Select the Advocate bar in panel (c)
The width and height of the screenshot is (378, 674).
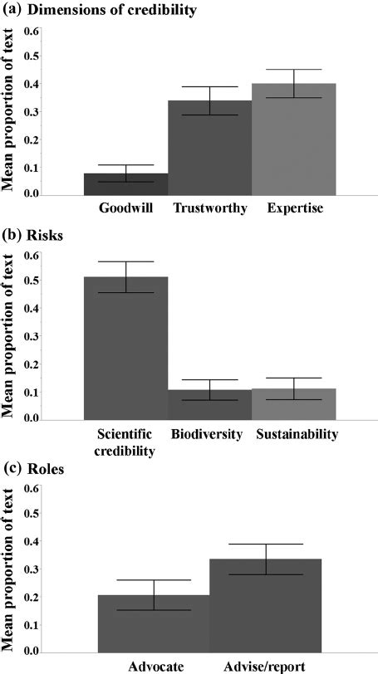tap(168, 623)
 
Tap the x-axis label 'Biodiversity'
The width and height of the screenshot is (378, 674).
tap(209, 433)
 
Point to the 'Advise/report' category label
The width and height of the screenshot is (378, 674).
tap(266, 665)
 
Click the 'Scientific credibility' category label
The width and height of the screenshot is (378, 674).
tap(125, 442)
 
